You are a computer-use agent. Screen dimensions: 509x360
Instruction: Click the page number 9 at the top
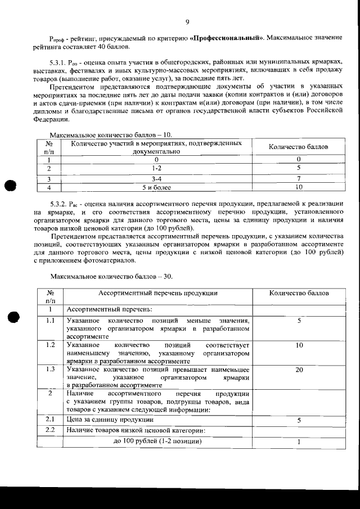186,22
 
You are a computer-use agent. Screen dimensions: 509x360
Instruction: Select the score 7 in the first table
299,178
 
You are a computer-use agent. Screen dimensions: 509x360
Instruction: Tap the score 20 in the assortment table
299,370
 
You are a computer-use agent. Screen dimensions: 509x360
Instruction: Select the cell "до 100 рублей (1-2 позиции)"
157,440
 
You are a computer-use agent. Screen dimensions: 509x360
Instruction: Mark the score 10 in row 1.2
299,345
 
